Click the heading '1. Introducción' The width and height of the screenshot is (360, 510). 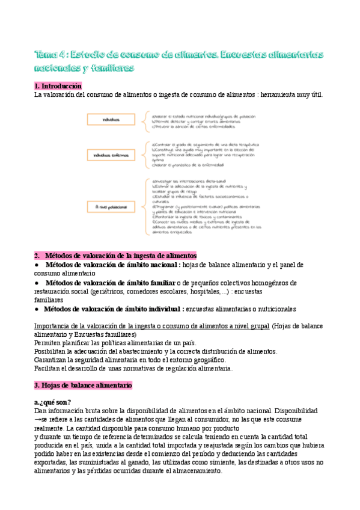tap(58, 86)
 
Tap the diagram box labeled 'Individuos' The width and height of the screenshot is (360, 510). tap(111, 120)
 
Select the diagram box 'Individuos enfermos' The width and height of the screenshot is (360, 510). tap(111, 155)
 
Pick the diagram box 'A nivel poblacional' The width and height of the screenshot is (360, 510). tap(111, 206)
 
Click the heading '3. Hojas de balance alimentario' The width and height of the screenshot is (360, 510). tap(83, 384)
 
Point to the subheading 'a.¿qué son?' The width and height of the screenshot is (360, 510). tap(53, 402)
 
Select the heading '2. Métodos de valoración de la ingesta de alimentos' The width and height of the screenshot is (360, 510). tap(115, 255)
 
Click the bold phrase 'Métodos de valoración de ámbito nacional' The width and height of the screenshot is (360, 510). tap(112, 265)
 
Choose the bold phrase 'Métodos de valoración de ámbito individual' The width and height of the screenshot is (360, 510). tap(114, 309)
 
